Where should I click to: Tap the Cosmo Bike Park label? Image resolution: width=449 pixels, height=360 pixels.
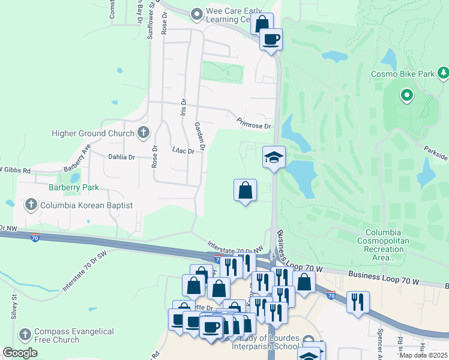[x=402, y=74]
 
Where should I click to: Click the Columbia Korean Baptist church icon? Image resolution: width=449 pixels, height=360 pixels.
[x=31, y=205]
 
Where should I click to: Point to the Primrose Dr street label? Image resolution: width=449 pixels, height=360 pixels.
[x=254, y=123]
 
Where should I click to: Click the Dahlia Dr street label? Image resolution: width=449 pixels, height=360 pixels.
[x=122, y=157]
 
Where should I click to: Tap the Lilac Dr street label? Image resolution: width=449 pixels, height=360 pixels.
[x=183, y=151]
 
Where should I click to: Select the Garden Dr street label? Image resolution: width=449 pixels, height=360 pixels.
[x=200, y=136]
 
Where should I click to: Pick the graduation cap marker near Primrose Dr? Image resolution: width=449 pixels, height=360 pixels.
[x=274, y=158]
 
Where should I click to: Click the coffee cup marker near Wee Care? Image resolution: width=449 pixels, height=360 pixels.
[x=271, y=40]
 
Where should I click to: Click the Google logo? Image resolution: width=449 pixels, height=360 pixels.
[x=20, y=353]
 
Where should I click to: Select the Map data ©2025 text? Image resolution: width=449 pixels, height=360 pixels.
[x=424, y=355]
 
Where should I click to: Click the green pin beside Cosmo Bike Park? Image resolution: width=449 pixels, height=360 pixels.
[x=406, y=95]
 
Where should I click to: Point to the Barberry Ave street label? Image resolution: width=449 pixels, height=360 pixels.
[x=76, y=157]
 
